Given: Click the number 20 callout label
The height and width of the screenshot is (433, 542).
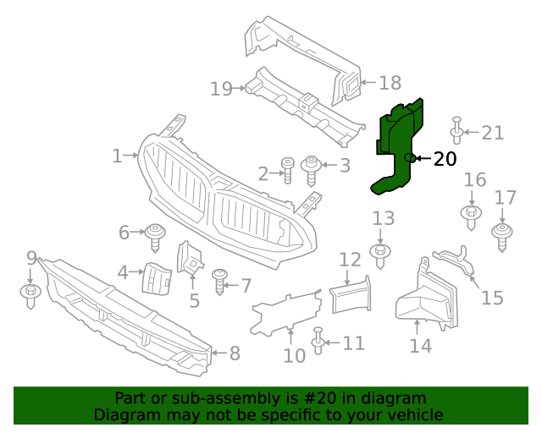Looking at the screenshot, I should point(445,158).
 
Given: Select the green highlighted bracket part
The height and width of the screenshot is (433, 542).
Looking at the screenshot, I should point(396,144).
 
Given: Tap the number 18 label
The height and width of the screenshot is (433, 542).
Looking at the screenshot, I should point(390,83).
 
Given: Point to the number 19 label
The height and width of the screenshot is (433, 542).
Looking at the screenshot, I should point(221,88).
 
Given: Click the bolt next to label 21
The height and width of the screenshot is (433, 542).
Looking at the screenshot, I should point(457,130).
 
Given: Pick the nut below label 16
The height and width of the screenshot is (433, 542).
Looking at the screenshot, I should point(472,215).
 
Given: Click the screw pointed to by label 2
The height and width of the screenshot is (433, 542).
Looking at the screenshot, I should point(287,169).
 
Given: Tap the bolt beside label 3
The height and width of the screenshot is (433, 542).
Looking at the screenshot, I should point(311,168).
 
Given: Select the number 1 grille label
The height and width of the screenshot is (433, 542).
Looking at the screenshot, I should point(117,156).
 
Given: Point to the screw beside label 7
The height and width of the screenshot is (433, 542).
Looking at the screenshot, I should point(221,282).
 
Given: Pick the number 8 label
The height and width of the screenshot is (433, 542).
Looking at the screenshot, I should point(235,354).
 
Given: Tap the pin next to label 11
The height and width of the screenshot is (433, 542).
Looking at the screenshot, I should point(318,340).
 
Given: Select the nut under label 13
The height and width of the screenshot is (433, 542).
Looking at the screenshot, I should point(381,255).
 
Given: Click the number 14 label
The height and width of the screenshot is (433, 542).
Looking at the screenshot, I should point(420,346).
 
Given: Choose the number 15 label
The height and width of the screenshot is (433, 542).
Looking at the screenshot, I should point(492,298).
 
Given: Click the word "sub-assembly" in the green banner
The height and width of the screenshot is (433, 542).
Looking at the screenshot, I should point(217,398).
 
